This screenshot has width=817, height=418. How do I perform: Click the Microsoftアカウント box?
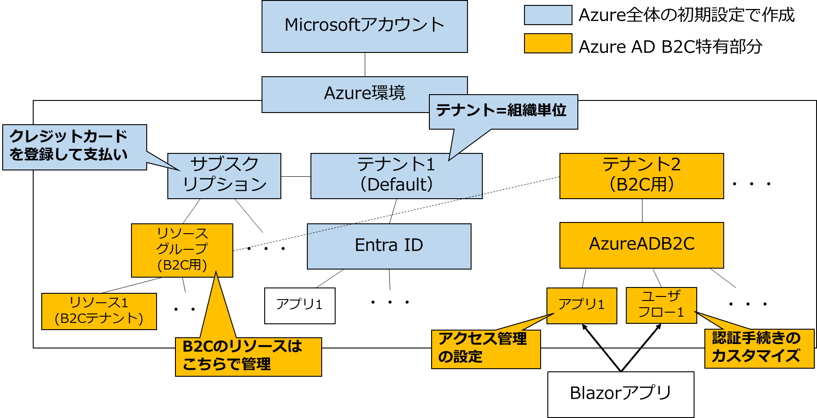pos(364,26)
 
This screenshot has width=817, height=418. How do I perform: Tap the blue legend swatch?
pos(548,15)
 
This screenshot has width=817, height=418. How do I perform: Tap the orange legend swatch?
pos(548,43)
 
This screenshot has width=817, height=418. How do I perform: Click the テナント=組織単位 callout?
pos(502,111)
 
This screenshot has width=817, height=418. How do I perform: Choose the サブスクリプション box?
pos(224,176)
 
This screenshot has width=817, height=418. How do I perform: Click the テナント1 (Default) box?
pos(396,176)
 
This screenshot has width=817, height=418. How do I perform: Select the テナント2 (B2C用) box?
pos(641,176)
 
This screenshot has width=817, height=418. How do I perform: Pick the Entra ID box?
pos(389,246)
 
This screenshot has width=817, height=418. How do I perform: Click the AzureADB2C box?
pos(641,245)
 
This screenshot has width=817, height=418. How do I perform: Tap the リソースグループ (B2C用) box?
pos(182,250)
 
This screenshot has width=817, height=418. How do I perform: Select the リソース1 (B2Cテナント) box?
pos(99,311)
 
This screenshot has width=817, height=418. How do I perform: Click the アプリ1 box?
pos(581,305)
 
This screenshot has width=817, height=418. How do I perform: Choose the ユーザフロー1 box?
pos(661,305)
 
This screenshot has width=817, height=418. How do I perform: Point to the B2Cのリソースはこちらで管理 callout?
pos(248,357)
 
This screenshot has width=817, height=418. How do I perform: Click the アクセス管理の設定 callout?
pos(485,349)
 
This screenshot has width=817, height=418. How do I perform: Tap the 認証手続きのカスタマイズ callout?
pos(759,348)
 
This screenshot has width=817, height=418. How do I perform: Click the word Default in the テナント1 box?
pos(396,185)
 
